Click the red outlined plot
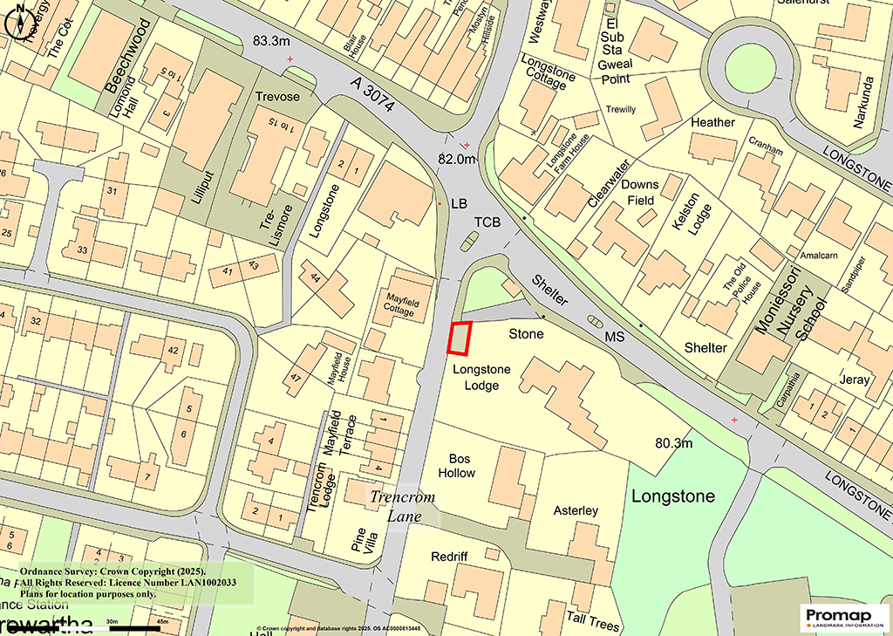tap(460, 339)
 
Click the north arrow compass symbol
tap(20, 22)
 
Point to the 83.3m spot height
tap(270, 41)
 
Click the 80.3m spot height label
tap(675, 443)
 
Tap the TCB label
tap(487, 222)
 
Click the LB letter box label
tap(460, 203)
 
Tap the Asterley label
tap(576, 509)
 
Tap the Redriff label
tap(449, 557)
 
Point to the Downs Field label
tap(639, 192)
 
